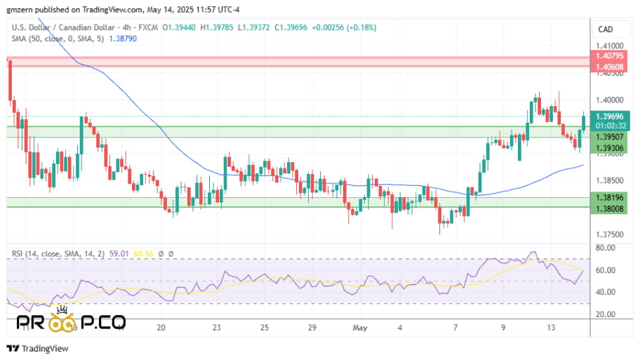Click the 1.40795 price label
(x=608, y=56)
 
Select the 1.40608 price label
(x=608, y=67)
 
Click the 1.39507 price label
(x=608, y=137)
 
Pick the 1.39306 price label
(x=608, y=148)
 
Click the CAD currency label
(x=605, y=29)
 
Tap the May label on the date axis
(x=360, y=327)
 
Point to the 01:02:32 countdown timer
(x=608, y=126)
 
